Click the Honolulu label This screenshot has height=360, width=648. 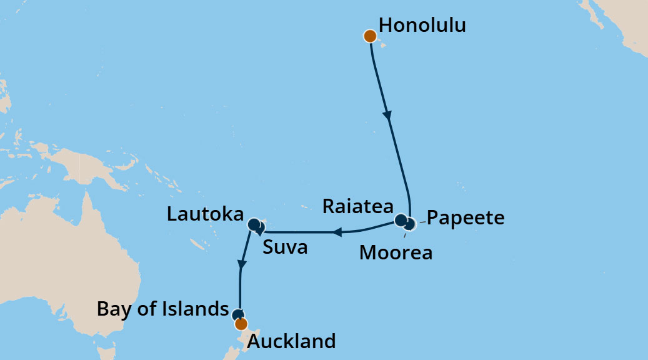point(422,26)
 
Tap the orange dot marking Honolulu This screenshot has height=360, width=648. point(369,36)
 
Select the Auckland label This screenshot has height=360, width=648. point(292,342)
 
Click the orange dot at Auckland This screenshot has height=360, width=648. point(241,324)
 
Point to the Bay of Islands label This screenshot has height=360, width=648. point(163,309)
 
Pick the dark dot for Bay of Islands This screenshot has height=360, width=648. point(237,315)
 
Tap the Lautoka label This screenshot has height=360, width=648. point(205,215)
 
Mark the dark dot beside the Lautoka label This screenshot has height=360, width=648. point(253,224)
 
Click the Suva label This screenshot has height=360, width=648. point(285,247)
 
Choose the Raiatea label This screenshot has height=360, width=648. point(358,207)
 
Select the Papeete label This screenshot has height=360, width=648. point(465,218)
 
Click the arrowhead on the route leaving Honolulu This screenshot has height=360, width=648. point(388,116)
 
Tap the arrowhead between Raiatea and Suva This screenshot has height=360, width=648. point(337,232)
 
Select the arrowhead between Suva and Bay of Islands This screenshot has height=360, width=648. point(241,264)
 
